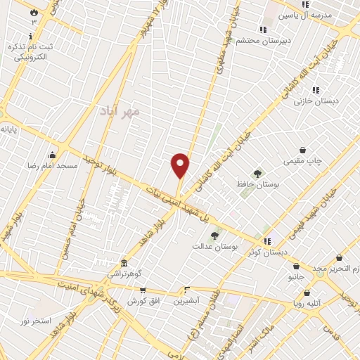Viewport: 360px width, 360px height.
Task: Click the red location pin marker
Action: (181, 165)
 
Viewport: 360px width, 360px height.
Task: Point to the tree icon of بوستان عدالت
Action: (214, 236)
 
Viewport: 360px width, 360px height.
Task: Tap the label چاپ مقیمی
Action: (302, 161)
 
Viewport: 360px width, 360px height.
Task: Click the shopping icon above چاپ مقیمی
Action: (303, 150)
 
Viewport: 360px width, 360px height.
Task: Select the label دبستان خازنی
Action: (316, 101)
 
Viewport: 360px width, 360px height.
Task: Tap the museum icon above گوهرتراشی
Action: (124, 262)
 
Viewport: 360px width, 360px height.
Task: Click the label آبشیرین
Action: (187, 300)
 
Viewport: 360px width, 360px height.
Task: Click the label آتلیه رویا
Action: (307, 304)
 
